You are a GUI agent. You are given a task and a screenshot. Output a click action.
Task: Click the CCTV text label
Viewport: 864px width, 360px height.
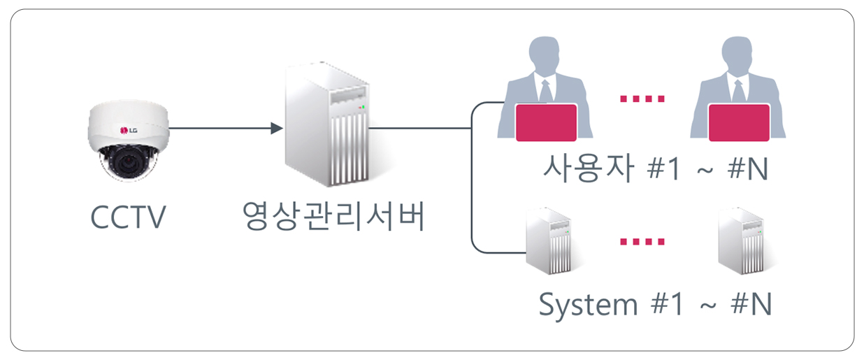pos(128,217)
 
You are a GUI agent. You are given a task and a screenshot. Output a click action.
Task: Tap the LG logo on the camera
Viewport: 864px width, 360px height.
pos(129,131)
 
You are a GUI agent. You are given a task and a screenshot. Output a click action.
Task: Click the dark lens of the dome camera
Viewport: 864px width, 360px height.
pos(126,161)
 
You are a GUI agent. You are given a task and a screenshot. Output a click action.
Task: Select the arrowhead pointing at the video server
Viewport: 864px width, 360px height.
pos(277,128)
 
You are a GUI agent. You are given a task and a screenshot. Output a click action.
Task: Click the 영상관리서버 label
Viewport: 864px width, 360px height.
pos(333,216)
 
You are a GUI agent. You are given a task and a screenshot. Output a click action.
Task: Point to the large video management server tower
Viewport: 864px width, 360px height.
pos(327,124)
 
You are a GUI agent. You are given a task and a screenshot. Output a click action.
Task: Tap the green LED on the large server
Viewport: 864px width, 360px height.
pos(363,106)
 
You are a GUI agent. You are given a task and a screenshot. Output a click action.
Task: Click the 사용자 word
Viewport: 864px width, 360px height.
pos(589,168)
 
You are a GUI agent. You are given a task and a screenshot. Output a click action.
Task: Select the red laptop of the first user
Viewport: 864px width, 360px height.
pos(546,122)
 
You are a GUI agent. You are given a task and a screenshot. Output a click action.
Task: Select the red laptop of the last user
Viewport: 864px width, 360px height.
pos(739,122)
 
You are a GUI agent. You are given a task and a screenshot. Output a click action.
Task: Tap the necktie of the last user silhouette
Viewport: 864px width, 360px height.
pos(739,92)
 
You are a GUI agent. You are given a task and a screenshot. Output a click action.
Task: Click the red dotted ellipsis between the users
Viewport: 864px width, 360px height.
pos(642,99)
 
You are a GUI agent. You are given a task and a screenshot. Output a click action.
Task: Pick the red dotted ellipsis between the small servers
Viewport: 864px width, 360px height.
pos(642,242)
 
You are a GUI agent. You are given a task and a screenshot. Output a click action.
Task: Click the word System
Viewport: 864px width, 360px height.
pos(588,305)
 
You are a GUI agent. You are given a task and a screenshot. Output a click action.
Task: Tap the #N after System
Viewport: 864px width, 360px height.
pos(751,304)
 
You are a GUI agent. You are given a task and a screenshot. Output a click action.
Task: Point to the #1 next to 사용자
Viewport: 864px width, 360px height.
pos(663,168)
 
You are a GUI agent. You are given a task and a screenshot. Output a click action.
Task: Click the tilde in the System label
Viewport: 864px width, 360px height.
pos(708,305)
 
